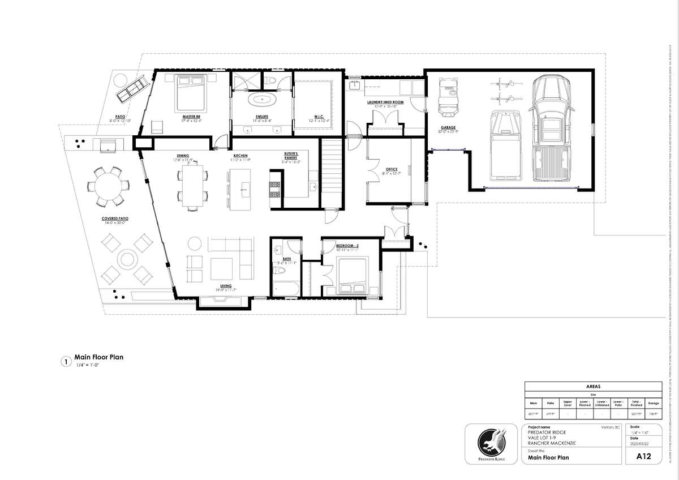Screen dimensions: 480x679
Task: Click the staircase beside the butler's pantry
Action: [333, 173]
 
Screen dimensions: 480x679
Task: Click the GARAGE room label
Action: [448, 128]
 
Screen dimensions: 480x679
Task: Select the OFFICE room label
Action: [392, 169]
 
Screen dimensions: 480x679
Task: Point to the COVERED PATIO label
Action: [114, 218]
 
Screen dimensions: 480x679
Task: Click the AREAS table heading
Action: [592, 386]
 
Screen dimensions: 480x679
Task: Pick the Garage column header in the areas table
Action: [653, 404]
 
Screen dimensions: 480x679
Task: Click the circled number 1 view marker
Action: [66, 361]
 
